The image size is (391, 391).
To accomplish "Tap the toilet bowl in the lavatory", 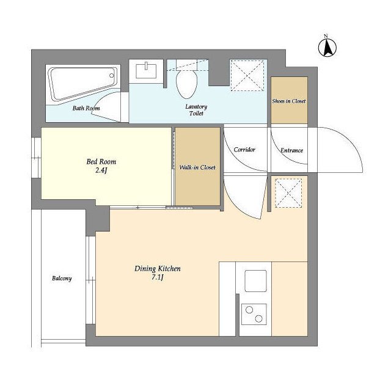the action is [x=187, y=84].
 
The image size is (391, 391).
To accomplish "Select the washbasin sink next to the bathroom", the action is [x=146, y=71].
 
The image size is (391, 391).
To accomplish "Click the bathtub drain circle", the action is [x=112, y=75].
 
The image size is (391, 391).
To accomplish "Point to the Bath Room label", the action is [x=86, y=108].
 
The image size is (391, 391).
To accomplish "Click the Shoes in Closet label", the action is [x=289, y=101].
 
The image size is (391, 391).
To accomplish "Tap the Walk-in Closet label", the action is [x=197, y=167].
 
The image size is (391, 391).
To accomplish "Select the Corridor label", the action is [x=244, y=150].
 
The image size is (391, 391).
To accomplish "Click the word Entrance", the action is [x=291, y=150].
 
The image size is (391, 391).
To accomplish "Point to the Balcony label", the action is [x=62, y=279].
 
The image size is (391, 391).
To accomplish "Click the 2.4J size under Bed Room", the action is [x=101, y=170].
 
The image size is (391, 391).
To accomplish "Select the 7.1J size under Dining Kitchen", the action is [x=158, y=277].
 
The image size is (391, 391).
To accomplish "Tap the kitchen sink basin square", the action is [x=255, y=281].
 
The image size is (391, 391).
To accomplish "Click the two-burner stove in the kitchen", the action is [x=254, y=314].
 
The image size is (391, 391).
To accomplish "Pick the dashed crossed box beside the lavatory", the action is [x=247, y=75].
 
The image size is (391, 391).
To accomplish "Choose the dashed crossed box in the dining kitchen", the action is [x=288, y=193].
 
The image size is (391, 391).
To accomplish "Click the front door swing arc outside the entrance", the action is [x=352, y=144].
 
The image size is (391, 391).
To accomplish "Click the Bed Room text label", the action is [x=101, y=162].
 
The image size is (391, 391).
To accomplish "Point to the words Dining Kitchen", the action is [x=158, y=269].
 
